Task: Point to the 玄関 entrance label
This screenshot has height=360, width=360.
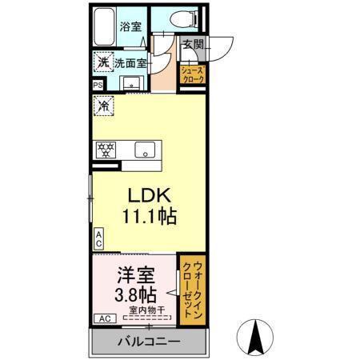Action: click(192, 46)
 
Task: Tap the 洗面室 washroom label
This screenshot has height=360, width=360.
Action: click(128, 62)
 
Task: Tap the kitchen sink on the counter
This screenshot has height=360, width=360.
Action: click(144, 149)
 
